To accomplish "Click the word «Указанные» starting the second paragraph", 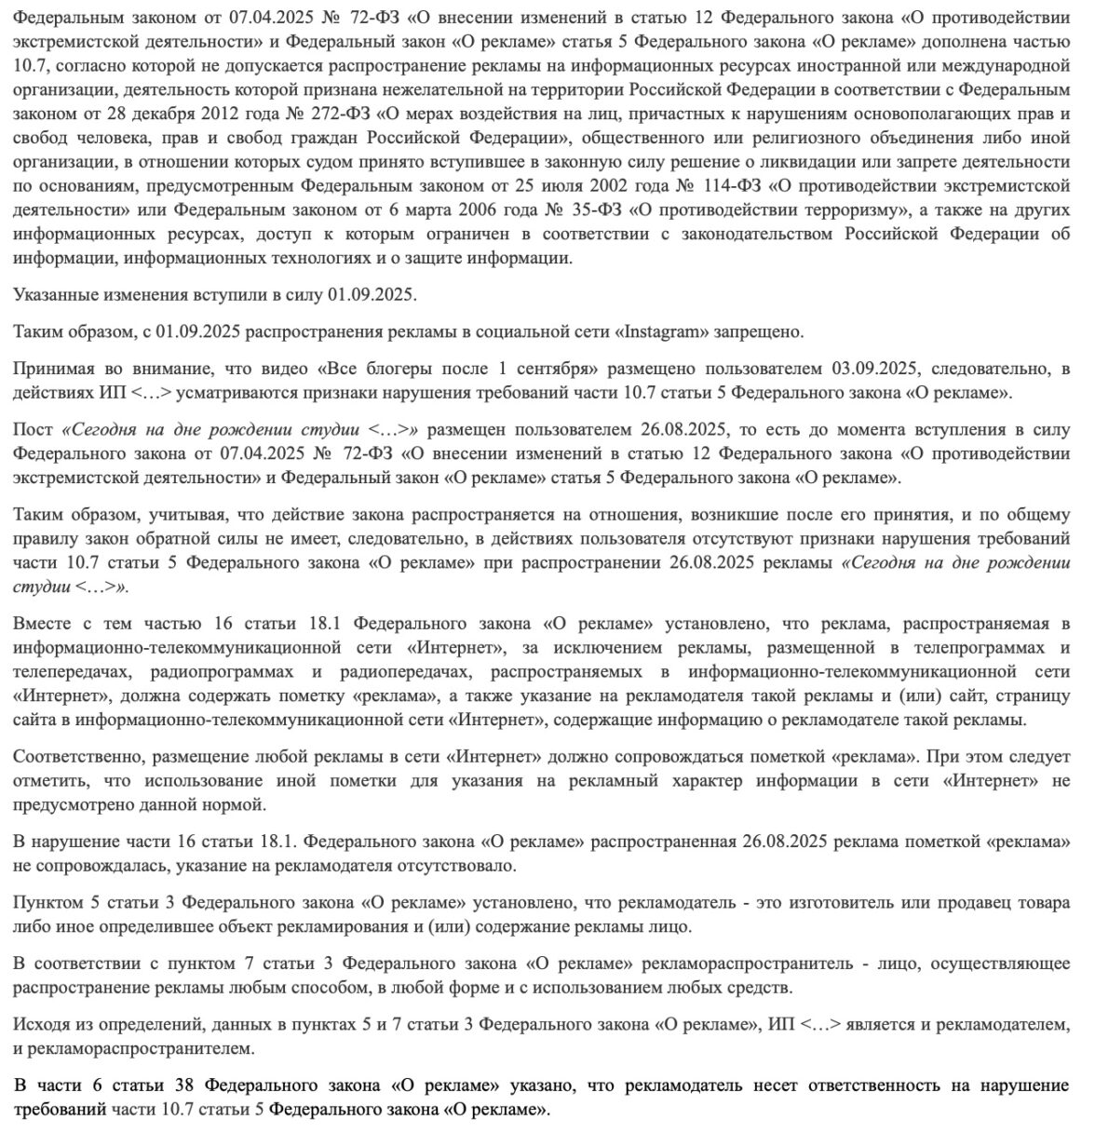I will (55, 295).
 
